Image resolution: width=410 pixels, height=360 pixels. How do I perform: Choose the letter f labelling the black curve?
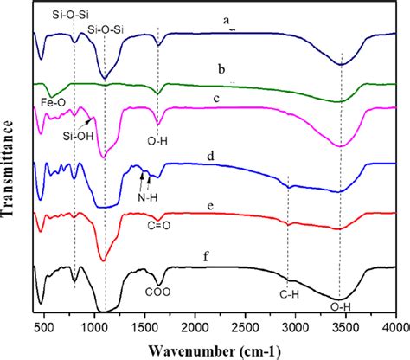click(224, 257)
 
